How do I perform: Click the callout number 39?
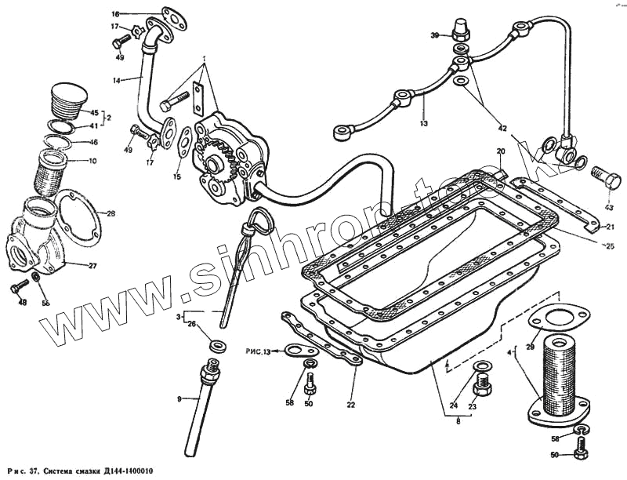tap(434, 35)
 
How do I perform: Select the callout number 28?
tap(111, 213)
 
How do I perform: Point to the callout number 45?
tap(94, 112)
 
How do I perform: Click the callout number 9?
tap(179, 399)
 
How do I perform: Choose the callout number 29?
tap(530, 347)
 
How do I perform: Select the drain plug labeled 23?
tap(481, 386)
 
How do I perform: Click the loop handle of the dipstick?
tap(258, 221)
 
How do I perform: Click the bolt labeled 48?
tap(19, 289)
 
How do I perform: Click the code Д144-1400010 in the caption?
tap(118, 471)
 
